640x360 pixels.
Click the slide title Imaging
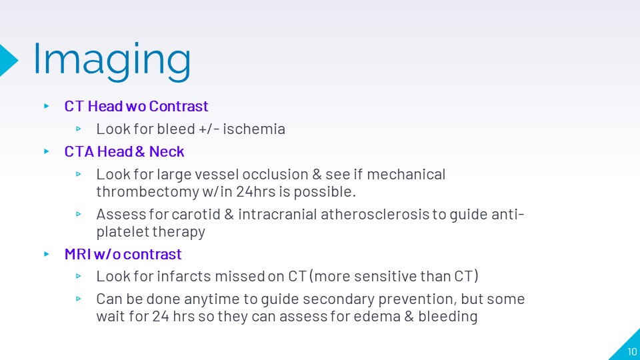(111, 61)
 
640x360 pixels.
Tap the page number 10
(632, 351)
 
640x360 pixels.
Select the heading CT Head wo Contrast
(136, 106)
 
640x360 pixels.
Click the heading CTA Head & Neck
(124, 151)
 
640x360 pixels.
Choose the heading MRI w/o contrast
(123, 254)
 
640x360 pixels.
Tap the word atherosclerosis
(375, 214)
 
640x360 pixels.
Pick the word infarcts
(184, 276)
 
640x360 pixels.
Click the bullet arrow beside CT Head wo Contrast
(47, 106)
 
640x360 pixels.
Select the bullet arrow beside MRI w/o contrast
(47, 254)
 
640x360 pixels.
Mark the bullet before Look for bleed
(79, 129)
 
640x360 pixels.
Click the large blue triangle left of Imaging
(8, 60)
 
